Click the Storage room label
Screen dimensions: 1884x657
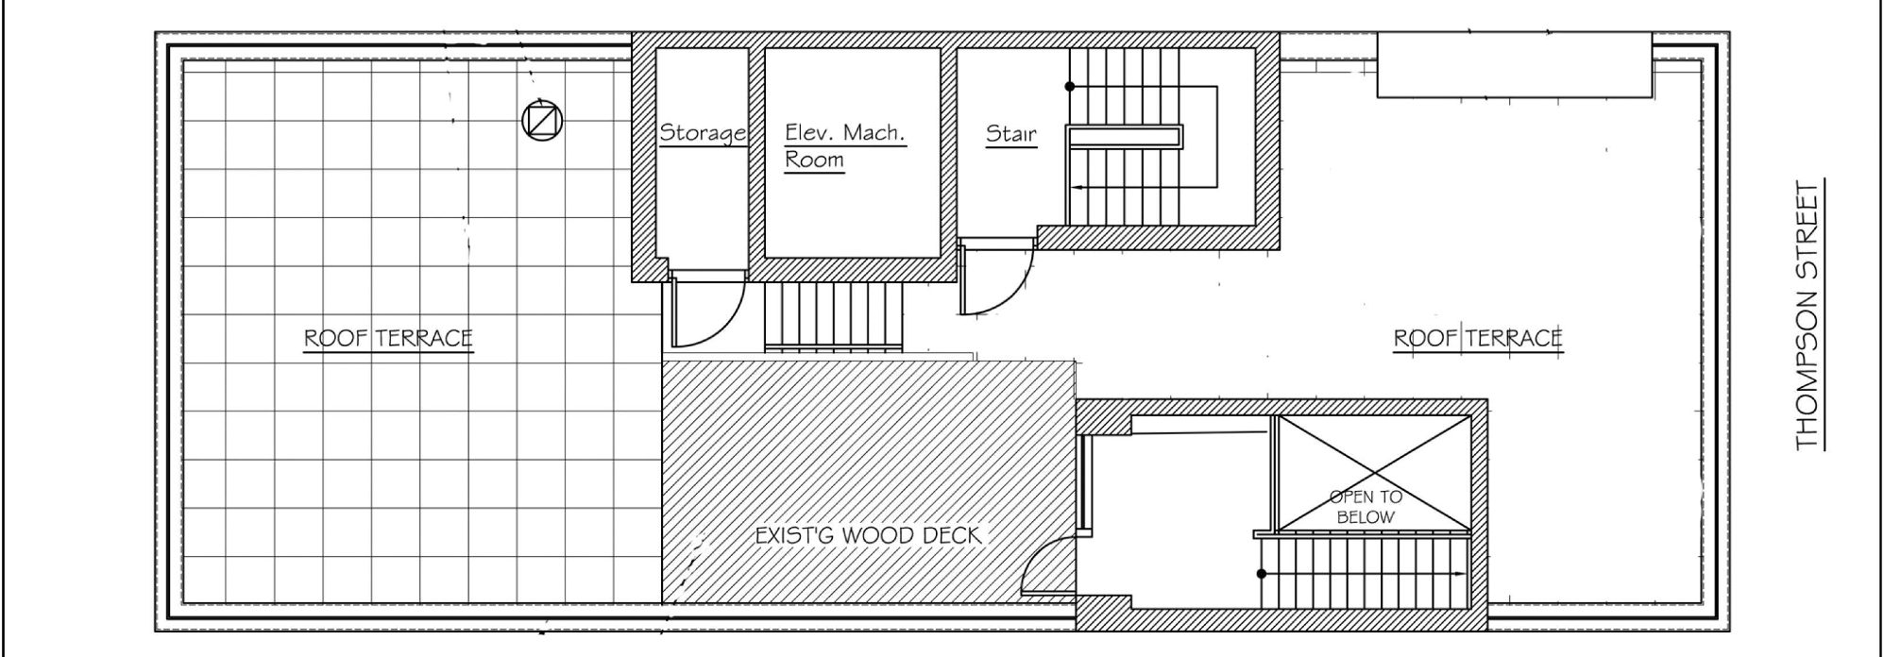(704, 132)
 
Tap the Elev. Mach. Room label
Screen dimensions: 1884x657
(845, 145)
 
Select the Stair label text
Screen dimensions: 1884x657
(1011, 133)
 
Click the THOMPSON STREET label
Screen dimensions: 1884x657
(1806, 317)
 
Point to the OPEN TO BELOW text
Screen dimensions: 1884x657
(1366, 507)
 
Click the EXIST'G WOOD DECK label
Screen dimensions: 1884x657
(869, 536)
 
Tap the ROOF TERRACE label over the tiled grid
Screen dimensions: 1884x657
(388, 338)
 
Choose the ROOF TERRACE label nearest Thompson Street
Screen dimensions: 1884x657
(1478, 338)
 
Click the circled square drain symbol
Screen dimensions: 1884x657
(542, 120)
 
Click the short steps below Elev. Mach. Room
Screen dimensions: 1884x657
(834, 317)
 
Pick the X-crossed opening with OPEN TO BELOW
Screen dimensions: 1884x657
(1371, 473)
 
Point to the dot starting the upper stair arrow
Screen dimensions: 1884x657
(1070, 87)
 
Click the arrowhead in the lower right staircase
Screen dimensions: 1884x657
(1462, 573)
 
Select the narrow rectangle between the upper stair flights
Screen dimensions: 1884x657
(1125, 137)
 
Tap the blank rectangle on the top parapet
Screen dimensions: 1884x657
(1515, 64)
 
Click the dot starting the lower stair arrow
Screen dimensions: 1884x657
(1262, 573)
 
